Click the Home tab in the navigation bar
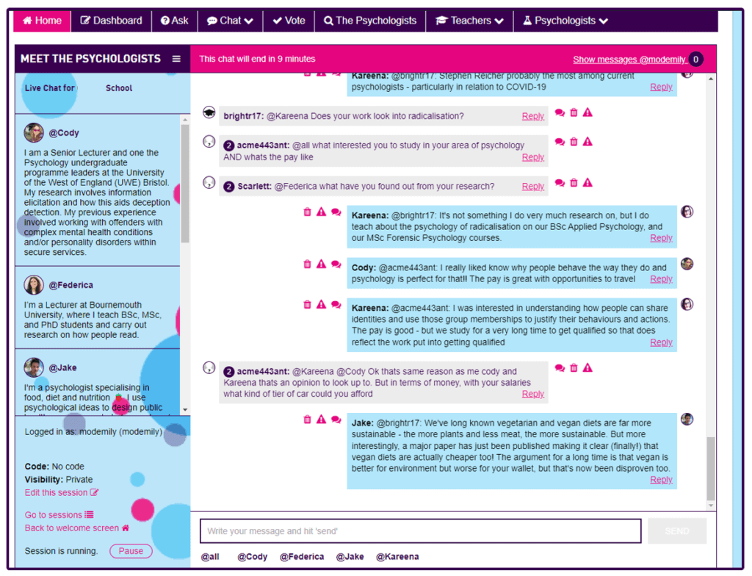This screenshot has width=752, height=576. point(43,21)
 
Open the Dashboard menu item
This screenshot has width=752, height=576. point(111,21)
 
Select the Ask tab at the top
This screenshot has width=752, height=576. point(175,21)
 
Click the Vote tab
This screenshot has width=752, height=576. point(289,21)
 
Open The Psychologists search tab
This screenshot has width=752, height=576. point(370,21)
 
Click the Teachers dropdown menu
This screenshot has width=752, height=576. point(470,21)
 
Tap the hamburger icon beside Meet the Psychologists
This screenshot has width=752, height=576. point(176,59)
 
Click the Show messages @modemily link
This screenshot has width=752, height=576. point(629,60)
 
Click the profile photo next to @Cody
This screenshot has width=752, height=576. point(34,133)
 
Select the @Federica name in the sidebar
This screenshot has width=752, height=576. point(70,285)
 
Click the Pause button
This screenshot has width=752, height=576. point(131,551)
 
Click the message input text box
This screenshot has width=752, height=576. point(420,531)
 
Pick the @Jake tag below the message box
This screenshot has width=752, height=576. point(350,557)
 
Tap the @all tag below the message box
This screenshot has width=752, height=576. point(210,557)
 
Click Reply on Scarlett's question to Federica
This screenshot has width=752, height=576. point(532,187)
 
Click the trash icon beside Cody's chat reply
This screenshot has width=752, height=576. point(307,264)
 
